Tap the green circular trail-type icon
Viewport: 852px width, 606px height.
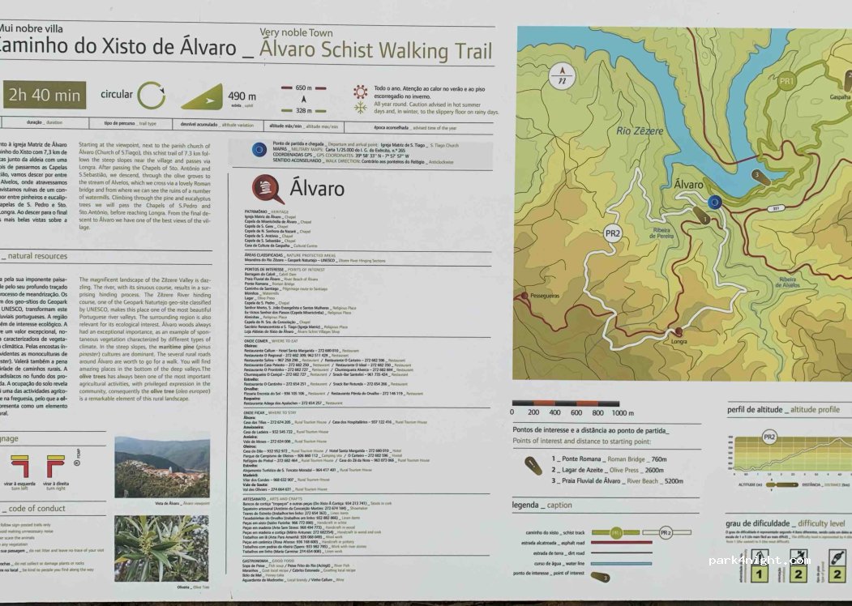coord(151,96)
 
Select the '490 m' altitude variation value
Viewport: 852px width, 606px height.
coord(242,97)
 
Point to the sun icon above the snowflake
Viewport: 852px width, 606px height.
coord(360,91)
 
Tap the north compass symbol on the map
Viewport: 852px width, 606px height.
coord(561,78)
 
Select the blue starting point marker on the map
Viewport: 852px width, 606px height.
coord(713,202)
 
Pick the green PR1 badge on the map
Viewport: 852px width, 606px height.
coord(786,81)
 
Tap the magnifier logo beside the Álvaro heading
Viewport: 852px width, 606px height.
coord(268,188)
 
